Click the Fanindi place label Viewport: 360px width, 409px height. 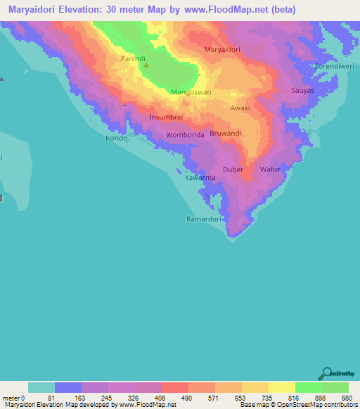coord(133,58)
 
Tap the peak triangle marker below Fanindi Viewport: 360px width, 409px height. coord(146,66)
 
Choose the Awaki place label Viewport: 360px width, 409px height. coord(240,108)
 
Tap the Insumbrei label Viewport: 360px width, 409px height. coord(167,117)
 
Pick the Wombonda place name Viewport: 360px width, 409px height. coord(185,134)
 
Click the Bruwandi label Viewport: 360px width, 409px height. coord(226,132)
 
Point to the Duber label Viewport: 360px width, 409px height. coord(233,169)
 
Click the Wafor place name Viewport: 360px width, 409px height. coord(270,169)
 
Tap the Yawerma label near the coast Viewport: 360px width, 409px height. coord(200,178)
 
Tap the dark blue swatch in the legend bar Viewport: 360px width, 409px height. coord(68,387)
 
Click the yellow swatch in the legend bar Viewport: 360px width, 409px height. coord(282,387)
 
